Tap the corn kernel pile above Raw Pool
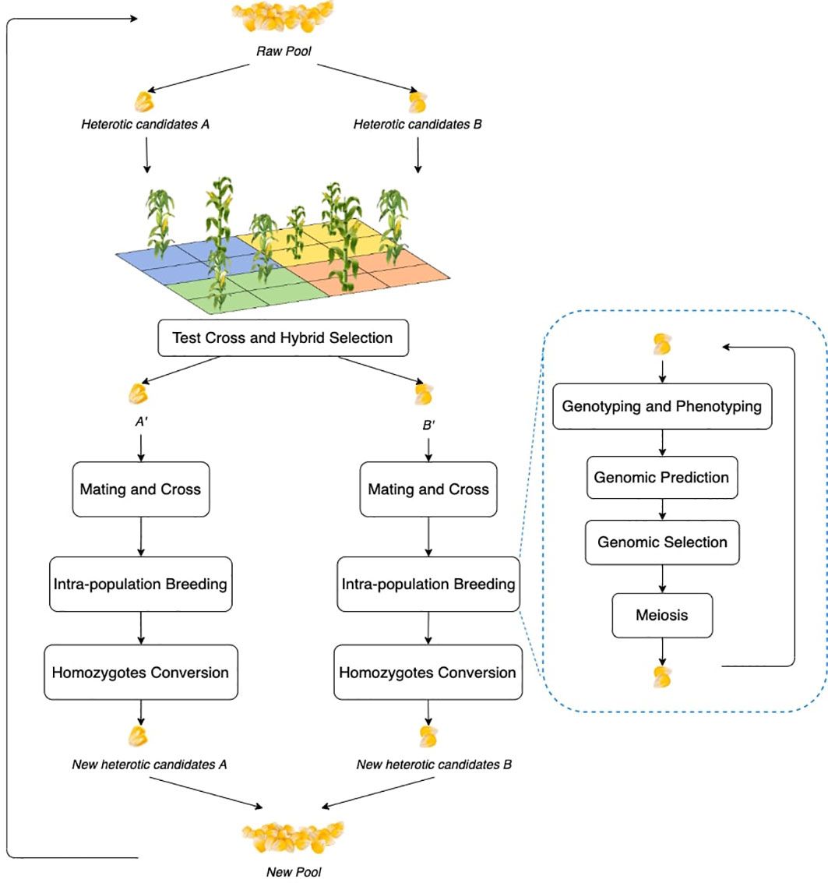coord(283,16)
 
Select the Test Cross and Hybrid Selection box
coord(283,338)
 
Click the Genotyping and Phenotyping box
coord(662,406)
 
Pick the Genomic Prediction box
coord(662,477)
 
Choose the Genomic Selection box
coord(662,542)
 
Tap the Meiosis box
coord(662,615)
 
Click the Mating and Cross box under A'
coord(140,489)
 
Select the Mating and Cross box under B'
coord(428,489)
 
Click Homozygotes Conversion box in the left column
coord(140,672)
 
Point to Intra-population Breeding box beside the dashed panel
coord(428,584)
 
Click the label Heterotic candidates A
coord(145,124)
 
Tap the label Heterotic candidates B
coord(418,124)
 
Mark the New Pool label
coord(293,871)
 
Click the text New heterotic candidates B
coord(434,765)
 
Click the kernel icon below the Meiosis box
coord(662,676)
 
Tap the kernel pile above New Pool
coord(293,837)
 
